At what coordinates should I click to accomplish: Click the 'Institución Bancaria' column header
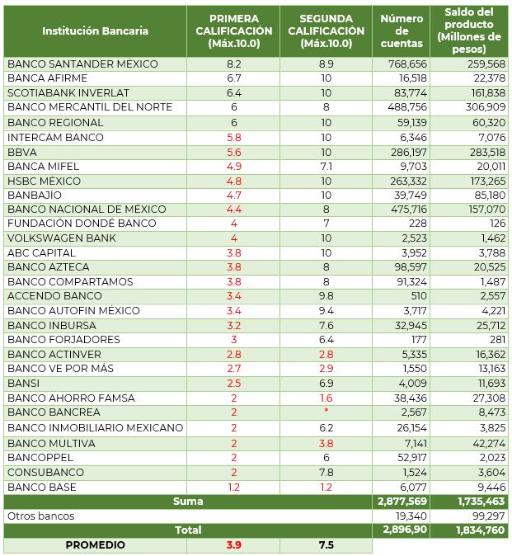tap(95, 31)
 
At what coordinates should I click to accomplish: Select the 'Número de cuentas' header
tap(402, 31)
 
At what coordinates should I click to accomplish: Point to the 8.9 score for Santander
tap(326, 64)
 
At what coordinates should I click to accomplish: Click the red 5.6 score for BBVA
tap(233, 151)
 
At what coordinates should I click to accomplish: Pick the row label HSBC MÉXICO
tap(44, 180)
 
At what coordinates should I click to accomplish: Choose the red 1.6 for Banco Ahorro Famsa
tap(326, 398)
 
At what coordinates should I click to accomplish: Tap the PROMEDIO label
tap(96, 545)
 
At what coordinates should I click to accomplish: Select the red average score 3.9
tap(233, 545)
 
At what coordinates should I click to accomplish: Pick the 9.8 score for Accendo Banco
tap(326, 296)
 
